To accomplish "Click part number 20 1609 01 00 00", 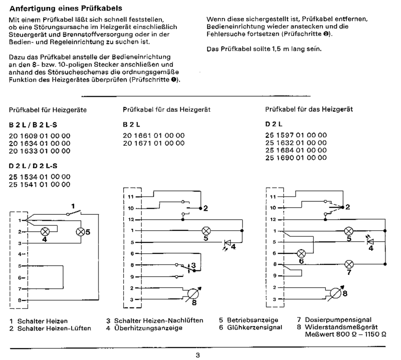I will [x=40, y=136].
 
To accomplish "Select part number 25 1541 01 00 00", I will [x=40, y=185].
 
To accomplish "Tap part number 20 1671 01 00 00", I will [x=153, y=143].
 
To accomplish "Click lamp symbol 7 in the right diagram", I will [x=349, y=263].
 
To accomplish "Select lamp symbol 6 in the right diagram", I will [x=302, y=253].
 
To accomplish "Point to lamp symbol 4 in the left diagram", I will [x=44, y=231].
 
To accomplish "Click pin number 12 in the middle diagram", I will [x=131, y=219].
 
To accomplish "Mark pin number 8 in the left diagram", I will [x=20, y=299].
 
